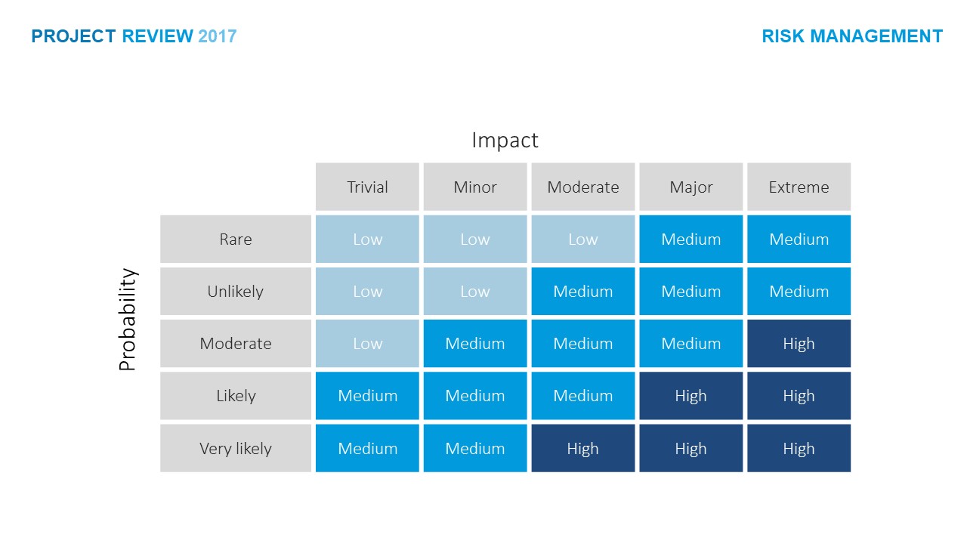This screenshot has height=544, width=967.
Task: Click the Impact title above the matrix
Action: pyautogui.click(x=505, y=141)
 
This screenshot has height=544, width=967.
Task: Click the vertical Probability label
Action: pyautogui.click(x=128, y=320)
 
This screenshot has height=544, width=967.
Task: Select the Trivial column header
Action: pyautogui.click(x=367, y=187)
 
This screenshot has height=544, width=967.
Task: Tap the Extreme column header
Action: pyautogui.click(x=799, y=187)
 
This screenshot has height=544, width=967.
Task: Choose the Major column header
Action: pyautogui.click(x=690, y=187)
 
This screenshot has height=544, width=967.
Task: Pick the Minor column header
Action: pyautogui.click(x=475, y=187)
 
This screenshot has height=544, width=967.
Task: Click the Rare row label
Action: pyautogui.click(x=236, y=240)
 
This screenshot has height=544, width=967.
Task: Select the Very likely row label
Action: pyautogui.click(x=236, y=449)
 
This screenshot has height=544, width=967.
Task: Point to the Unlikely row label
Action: pyautogui.click(x=236, y=292)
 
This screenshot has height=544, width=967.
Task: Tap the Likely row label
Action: pyautogui.click(x=236, y=396)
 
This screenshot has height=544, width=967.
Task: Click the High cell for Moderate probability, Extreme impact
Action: pyautogui.click(x=799, y=344)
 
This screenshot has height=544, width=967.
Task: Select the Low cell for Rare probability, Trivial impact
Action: pyautogui.click(x=367, y=240)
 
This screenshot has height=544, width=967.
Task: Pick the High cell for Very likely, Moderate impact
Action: pyautogui.click(x=582, y=449)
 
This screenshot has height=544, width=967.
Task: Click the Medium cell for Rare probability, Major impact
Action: pyautogui.click(x=690, y=240)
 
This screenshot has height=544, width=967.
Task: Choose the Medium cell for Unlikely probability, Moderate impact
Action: pyautogui.click(x=582, y=292)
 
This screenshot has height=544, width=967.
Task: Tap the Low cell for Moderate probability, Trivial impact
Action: pyautogui.click(x=367, y=344)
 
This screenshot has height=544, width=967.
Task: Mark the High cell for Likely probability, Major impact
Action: pyautogui.click(x=690, y=396)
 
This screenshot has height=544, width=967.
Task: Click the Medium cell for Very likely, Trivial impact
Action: pyautogui.click(x=367, y=449)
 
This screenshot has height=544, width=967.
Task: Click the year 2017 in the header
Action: pyautogui.click(x=218, y=36)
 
